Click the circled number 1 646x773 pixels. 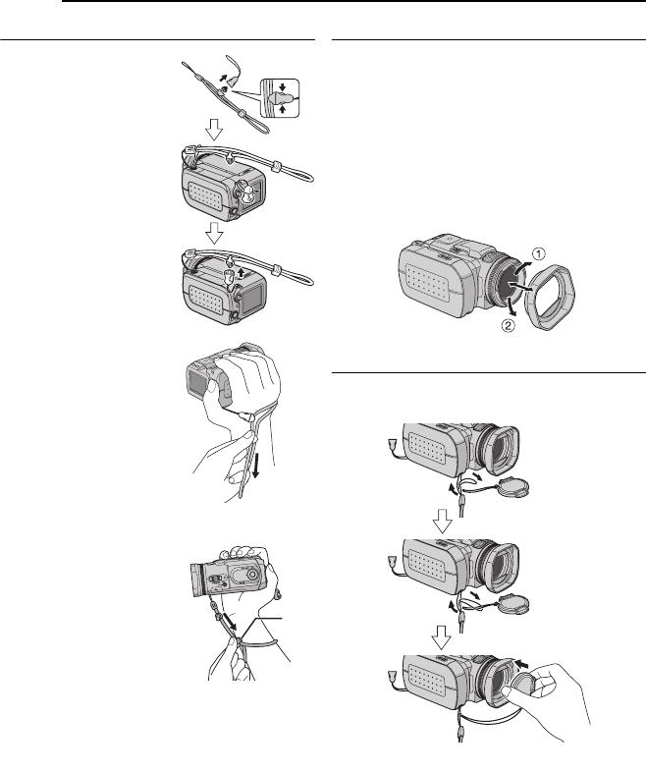coord(539,254)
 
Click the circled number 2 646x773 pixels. coord(508,325)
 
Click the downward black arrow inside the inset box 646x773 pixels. coord(282,87)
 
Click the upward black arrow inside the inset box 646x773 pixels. coord(282,108)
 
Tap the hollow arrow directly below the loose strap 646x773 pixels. coord(214,129)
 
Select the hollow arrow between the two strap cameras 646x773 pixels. coord(214,233)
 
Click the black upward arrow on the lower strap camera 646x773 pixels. coord(242,273)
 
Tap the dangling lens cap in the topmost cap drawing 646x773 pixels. coord(512,486)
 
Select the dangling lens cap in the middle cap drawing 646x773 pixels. coord(512,603)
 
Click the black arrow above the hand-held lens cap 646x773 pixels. coord(523,663)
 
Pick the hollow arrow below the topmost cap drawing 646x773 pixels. coord(443,522)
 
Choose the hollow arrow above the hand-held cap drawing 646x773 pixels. coord(442,637)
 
